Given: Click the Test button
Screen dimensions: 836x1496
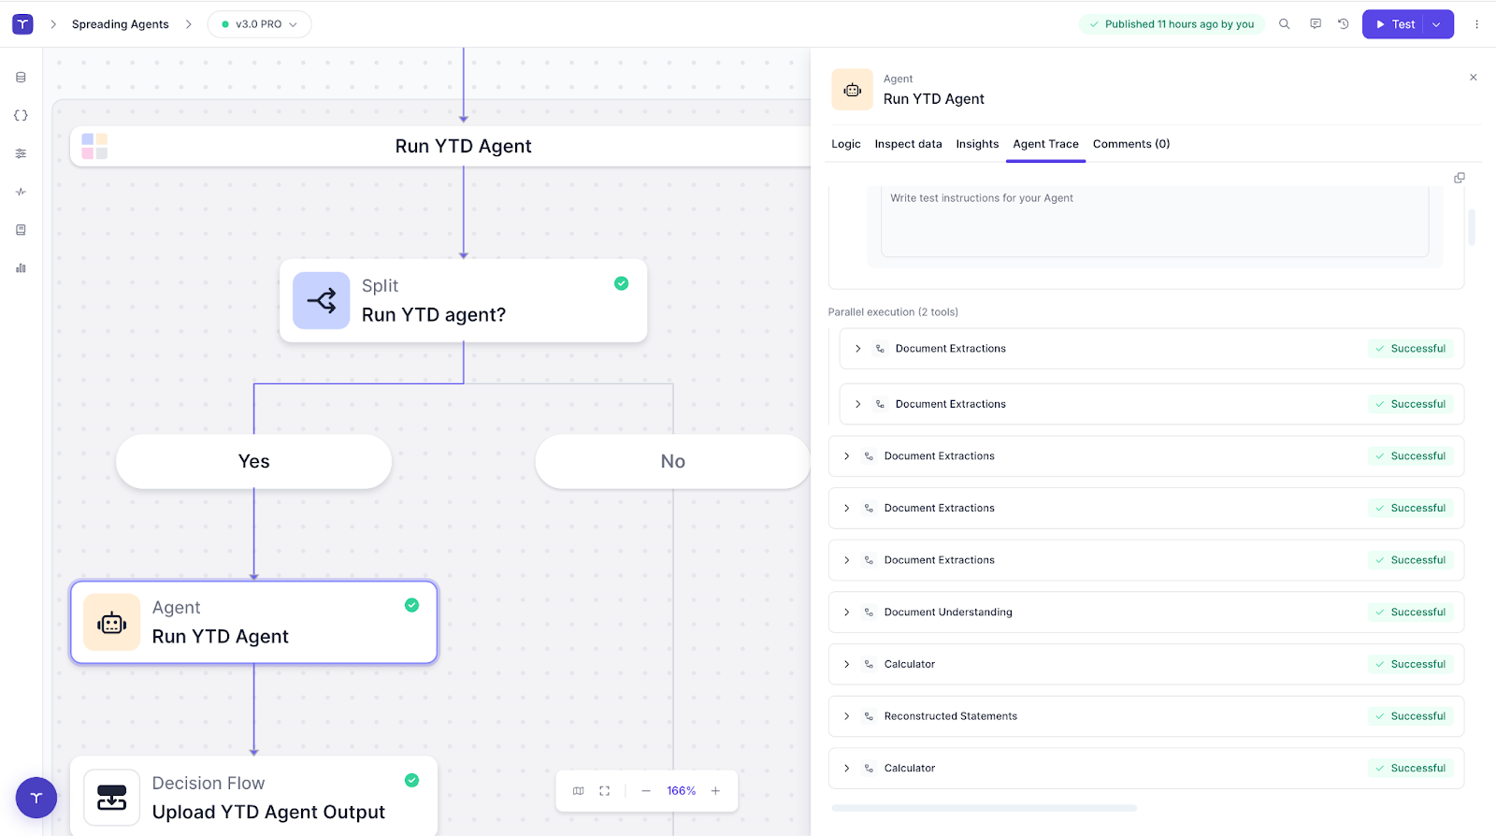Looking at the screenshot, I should pos(1395,24).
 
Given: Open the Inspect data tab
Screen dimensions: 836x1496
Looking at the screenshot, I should pos(908,144).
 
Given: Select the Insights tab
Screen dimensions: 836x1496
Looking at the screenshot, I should pos(977,144).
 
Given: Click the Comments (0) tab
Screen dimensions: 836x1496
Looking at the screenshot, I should pos(1130,144).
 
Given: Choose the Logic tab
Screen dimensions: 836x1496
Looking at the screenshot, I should pos(845,144).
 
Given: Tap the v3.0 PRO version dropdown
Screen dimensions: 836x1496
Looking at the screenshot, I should pos(259,24).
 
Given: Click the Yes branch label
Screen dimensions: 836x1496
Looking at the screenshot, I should pos(253,461).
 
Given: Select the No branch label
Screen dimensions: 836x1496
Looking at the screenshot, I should pos(672,461).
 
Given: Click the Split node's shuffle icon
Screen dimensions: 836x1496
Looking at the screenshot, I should pos(322,301).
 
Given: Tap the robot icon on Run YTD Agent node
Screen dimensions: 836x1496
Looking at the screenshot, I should pos(112,623).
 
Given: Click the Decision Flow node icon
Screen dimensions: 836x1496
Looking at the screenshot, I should pos(112,798).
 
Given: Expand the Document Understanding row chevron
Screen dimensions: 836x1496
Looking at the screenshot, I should pos(847,613).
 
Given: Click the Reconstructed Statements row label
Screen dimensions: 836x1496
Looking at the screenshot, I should pos(950,716).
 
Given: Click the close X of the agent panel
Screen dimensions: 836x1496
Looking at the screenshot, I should pos(1474,78).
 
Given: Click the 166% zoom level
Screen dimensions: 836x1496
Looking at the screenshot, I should pos(681,791).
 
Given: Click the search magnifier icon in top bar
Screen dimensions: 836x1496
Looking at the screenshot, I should pos(1285,24).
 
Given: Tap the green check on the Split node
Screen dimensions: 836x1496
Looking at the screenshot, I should pos(621,283).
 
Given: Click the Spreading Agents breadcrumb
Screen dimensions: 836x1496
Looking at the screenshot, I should pos(121,24).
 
